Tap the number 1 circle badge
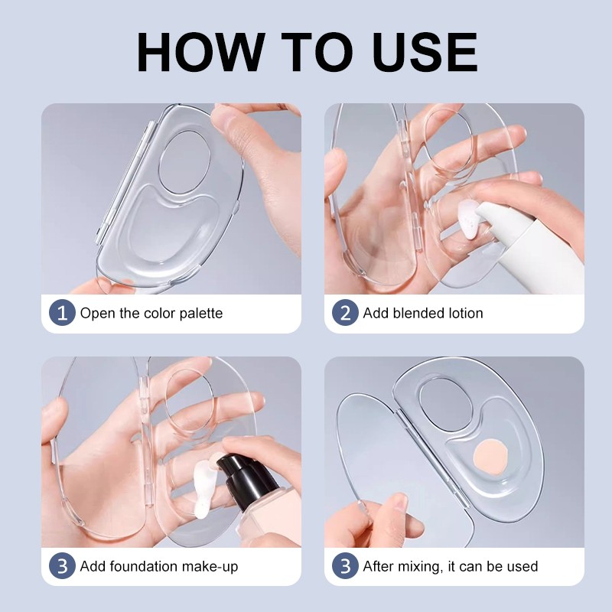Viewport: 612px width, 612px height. [62, 313]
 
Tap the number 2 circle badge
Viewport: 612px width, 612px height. [345, 313]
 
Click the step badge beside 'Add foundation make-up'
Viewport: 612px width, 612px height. [62, 565]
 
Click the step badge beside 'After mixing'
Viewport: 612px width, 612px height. [345, 565]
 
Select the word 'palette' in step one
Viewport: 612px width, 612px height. [201, 314]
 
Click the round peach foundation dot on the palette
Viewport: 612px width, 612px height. [490, 457]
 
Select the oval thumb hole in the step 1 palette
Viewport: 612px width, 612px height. [184, 162]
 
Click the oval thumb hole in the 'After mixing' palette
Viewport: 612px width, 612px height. [445, 405]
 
